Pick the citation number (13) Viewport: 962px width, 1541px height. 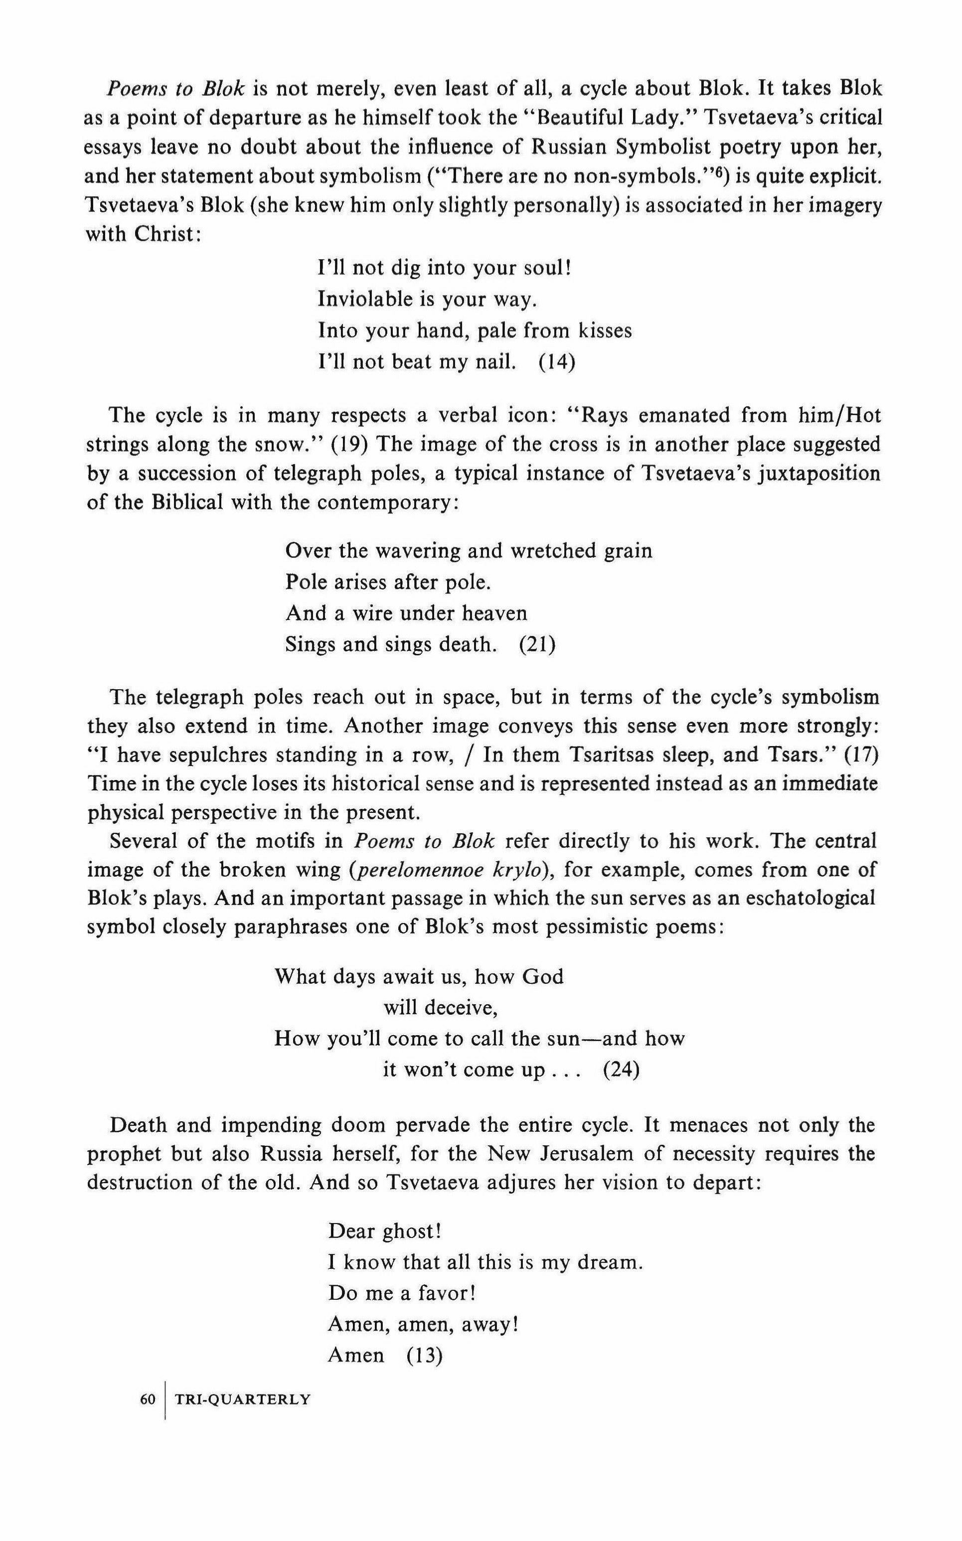[424, 1355]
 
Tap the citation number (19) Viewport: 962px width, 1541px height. [350, 445]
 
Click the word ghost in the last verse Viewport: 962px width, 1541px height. [411, 1232]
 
